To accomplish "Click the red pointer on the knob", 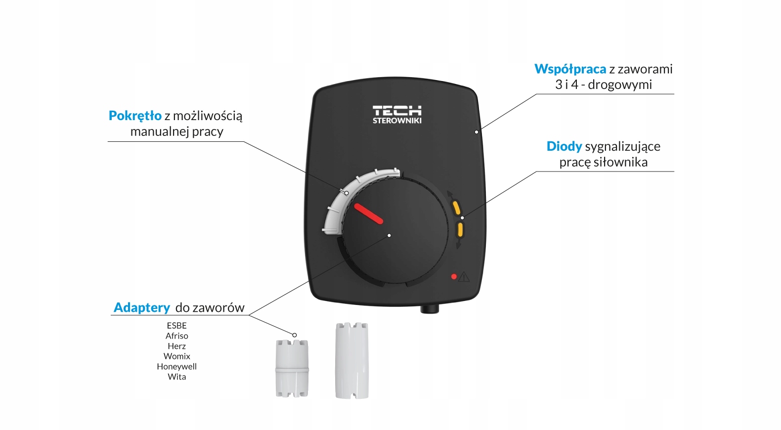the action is coord(368,214).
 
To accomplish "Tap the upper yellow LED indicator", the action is coord(456,208).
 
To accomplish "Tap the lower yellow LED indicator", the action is coord(460,229).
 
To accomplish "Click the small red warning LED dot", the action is coord(454,276).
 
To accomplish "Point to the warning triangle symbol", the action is coord(464,277).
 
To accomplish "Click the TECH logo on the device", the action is coord(397,111).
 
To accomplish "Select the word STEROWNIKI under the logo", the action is coord(397,121).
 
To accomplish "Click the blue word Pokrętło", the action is coord(135,116).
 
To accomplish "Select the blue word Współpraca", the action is coord(570,69).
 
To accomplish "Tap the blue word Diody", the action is coord(564,146).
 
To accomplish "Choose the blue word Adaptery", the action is coord(142,307).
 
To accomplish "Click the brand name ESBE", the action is coord(176,326).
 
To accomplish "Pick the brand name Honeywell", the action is coord(176,366).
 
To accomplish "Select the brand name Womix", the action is coord(176,356).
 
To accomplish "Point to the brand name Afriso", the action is coord(176,336).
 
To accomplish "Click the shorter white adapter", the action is coord(292,368).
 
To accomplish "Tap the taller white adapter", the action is coord(352,361).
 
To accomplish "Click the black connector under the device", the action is coord(430,309).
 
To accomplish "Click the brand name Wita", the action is coord(176,377).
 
